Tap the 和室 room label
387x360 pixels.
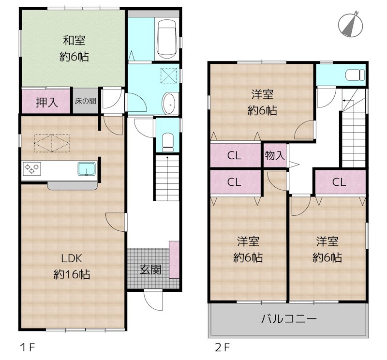(74, 40)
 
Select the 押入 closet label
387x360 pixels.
(46, 102)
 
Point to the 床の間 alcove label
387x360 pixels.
(85, 102)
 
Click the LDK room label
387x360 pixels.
(71, 258)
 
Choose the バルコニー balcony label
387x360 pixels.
(289, 319)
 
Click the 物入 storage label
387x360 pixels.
(274, 155)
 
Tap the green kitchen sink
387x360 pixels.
(86, 169)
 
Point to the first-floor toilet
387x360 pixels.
(167, 140)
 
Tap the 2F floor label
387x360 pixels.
(222, 347)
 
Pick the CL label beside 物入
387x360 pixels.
(234, 156)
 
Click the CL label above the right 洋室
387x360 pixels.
(339, 182)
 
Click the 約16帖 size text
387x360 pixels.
(72, 275)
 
